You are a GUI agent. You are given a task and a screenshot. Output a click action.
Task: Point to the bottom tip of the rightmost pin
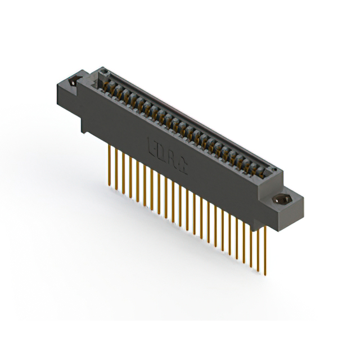pos(265,274)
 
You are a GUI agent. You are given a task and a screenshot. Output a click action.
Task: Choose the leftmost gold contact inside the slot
pos(104,83)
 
